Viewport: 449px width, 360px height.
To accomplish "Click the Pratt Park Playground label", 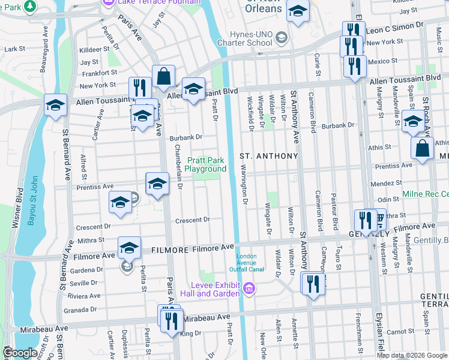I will click(x=205, y=164).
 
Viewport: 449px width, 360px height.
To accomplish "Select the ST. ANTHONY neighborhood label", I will click(x=269, y=156).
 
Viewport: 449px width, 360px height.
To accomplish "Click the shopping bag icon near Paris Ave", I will click(x=163, y=76).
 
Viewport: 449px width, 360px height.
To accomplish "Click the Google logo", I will click(x=20, y=353).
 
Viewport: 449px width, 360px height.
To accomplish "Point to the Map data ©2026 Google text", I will click(x=411, y=355).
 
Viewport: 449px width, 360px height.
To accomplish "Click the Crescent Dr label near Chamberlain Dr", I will click(x=192, y=220).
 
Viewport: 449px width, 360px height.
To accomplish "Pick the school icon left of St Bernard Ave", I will click(x=55, y=105).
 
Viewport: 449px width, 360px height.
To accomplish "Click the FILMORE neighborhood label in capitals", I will click(x=173, y=249).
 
